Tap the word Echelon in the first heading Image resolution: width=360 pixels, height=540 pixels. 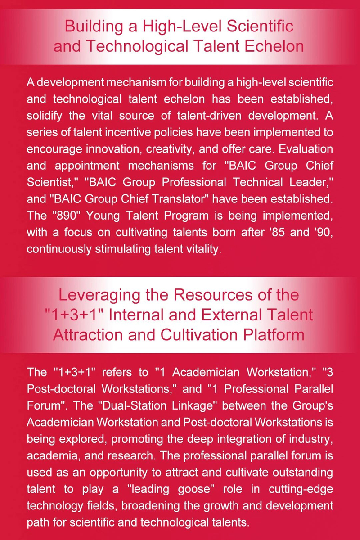pyautogui.click(x=275, y=46)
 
